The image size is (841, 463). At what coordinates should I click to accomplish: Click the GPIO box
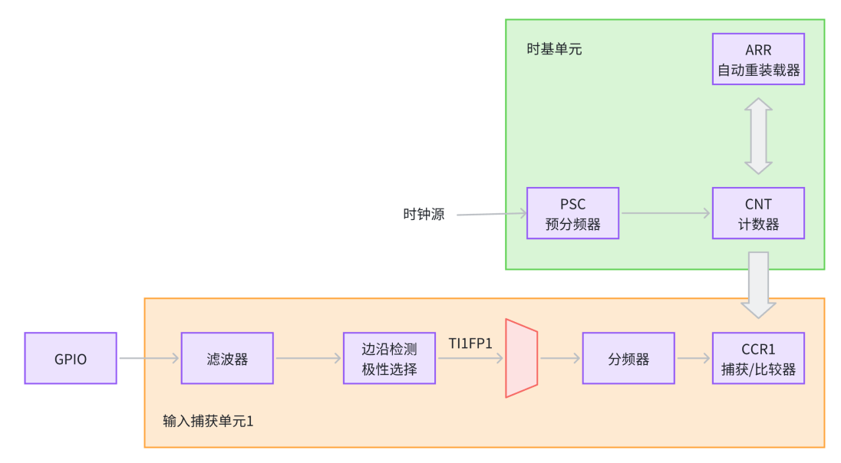tap(71, 358)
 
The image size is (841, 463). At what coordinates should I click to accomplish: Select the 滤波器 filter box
tap(227, 358)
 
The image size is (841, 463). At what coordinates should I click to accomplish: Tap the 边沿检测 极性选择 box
tap(389, 358)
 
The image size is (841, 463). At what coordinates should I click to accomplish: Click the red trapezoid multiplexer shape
tap(521, 358)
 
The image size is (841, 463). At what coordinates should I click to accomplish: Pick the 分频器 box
tap(628, 358)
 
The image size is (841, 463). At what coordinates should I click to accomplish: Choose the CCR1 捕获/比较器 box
tap(758, 358)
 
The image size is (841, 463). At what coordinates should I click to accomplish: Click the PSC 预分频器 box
tap(572, 213)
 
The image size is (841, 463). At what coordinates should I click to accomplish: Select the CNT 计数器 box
tap(758, 213)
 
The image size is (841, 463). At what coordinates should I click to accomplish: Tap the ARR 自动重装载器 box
tap(758, 59)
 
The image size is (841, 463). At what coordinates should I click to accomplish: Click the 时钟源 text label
tap(424, 215)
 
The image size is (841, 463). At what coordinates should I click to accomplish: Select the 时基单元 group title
tap(554, 49)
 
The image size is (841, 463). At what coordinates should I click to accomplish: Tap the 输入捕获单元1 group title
tap(208, 421)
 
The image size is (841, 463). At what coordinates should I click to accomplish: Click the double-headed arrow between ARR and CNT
tap(758, 136)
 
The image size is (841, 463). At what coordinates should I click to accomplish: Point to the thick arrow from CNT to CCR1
tap(758, 284)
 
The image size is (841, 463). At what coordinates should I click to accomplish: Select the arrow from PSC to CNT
tap(665, 214)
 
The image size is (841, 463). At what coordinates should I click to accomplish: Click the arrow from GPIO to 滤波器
tap(149, 358)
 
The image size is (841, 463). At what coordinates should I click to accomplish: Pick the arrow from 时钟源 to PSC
tap(491, 215)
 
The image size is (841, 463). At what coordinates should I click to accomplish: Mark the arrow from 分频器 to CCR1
tap(694, 358)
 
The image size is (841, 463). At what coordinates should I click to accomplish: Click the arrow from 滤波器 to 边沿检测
tap(308, 358)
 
